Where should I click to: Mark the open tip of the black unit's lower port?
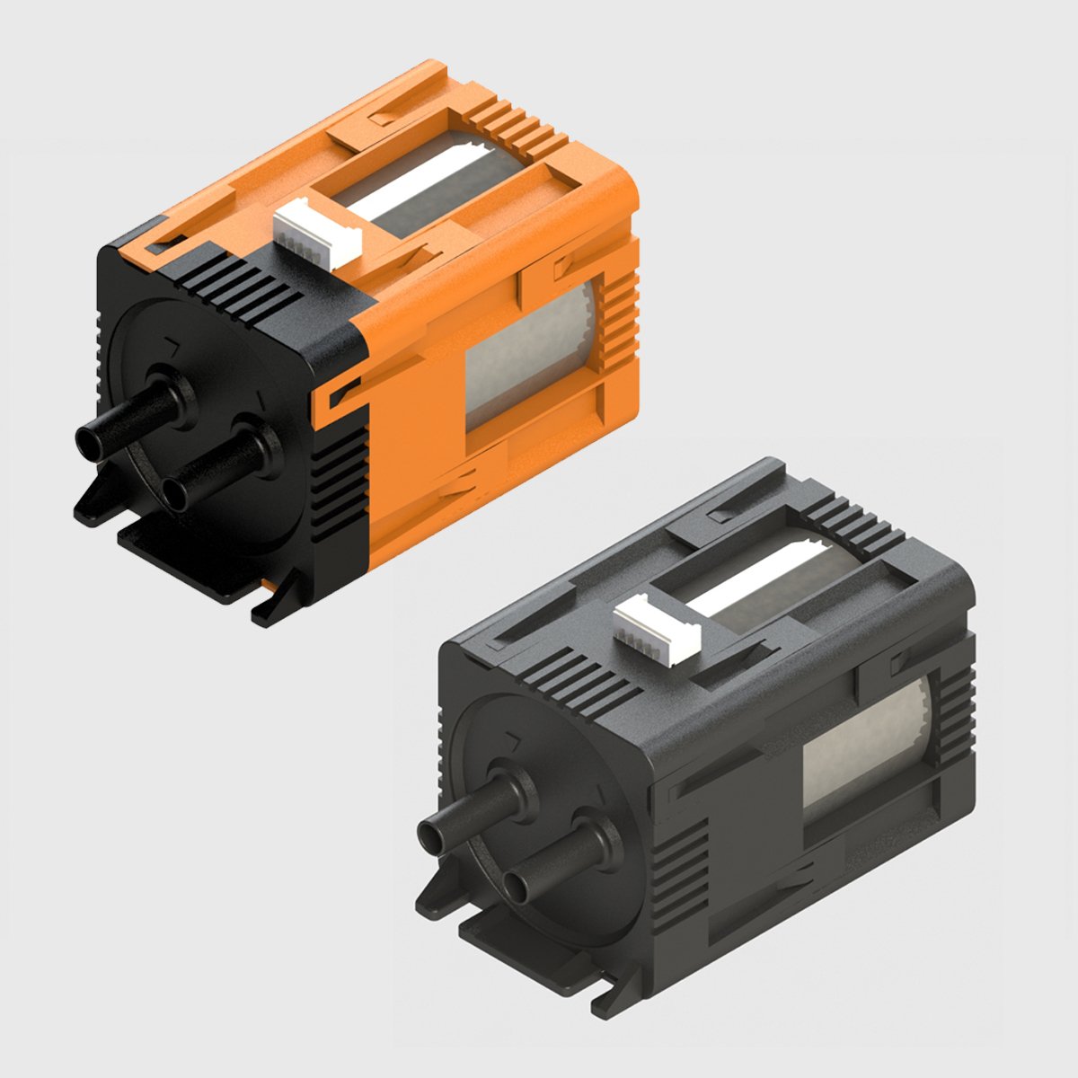[514, 888]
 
